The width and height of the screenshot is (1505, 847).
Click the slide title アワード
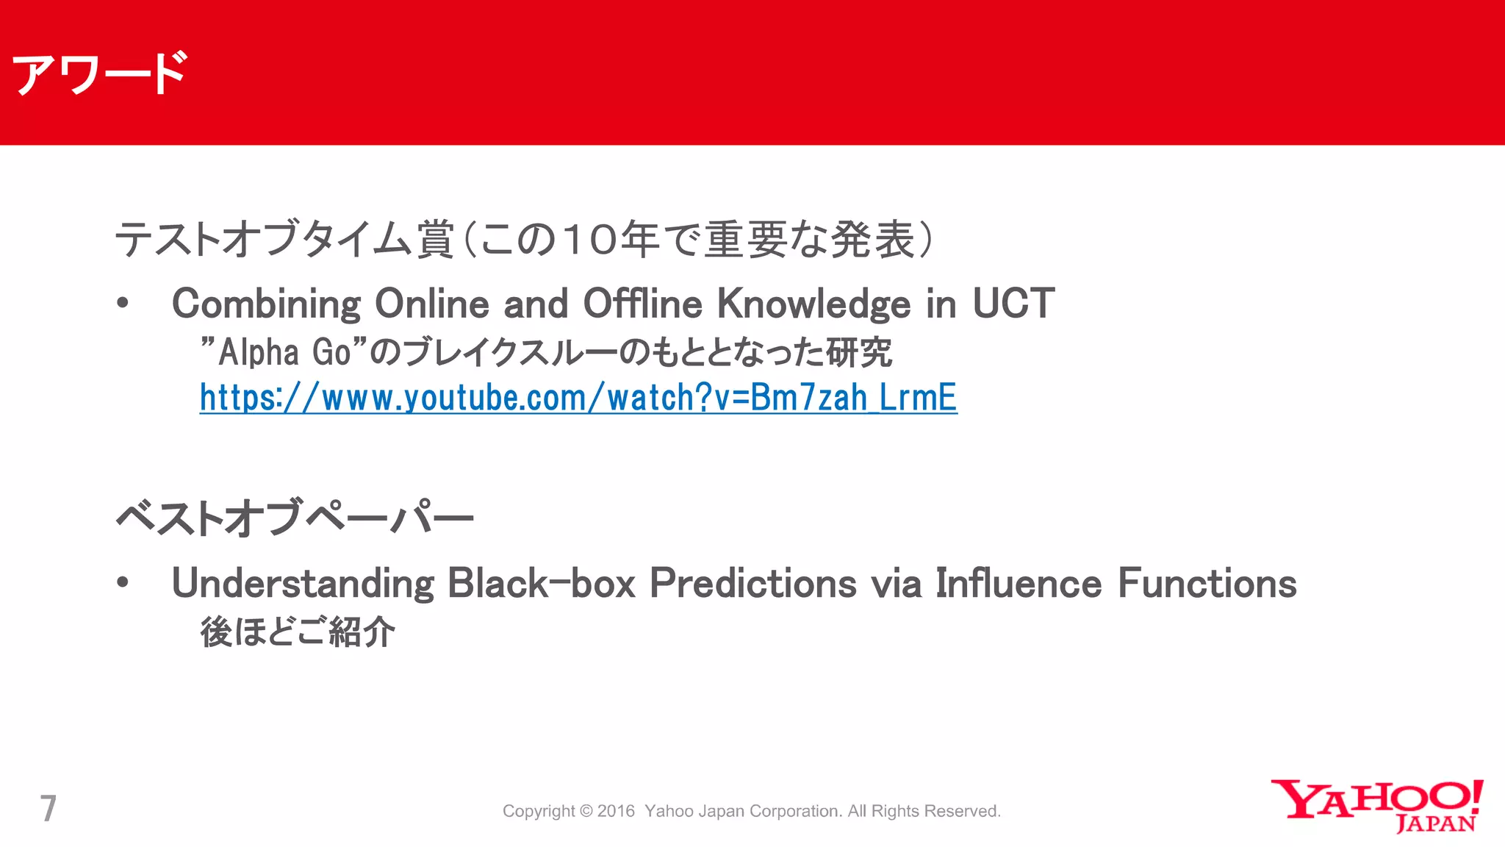pos(99,74)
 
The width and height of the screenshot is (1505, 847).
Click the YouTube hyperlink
pos(578,398)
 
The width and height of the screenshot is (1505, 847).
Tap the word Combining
pos(265,304)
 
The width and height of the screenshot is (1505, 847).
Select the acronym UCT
pos(1013,303)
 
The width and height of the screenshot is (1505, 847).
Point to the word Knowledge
pos(813,304)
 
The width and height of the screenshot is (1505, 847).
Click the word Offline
pos(642,303)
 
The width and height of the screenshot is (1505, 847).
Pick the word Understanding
pos(302,585)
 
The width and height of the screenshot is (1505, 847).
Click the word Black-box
pos(541,584)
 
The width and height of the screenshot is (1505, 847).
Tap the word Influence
pos(1019,584)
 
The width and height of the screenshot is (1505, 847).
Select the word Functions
pos(1207,584)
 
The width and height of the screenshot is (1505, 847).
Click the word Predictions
pos(753,584)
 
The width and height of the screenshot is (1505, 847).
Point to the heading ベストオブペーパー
pos(294,518)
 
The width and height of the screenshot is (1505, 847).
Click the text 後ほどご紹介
pos(297,632)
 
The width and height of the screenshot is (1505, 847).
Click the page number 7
pos(48,809)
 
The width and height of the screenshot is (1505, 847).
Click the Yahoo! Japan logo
pos(1376,806)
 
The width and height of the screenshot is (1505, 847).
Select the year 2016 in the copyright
pos(616,811)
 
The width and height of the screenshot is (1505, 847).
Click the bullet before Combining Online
pos(123,304)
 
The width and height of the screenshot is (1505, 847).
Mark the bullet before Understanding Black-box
pos(123,583)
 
